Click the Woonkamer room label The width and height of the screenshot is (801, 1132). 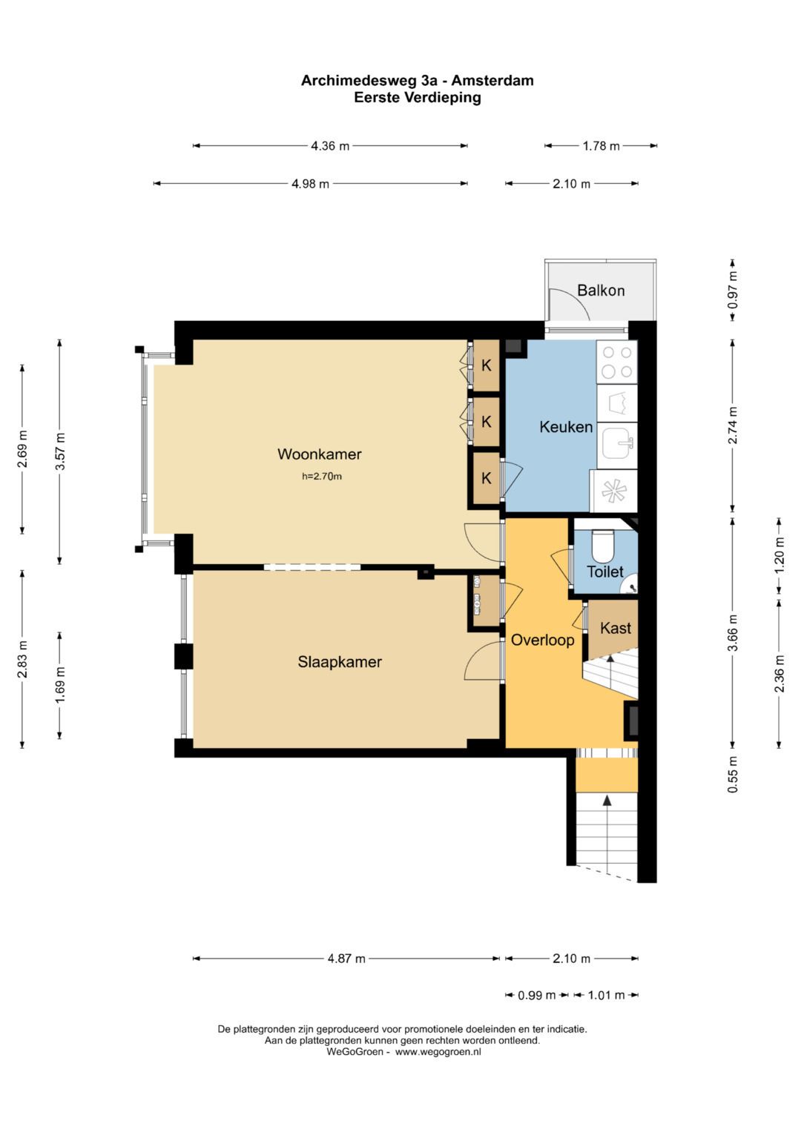point(319,454)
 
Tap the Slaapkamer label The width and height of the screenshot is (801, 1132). point(340,661)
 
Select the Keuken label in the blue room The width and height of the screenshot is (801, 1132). point(565,426)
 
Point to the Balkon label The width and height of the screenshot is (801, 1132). point(601,291)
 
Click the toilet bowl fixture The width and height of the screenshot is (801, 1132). point(602,545)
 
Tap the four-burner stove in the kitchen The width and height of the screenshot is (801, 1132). point(617,363)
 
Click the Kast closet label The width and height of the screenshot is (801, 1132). point(616,628)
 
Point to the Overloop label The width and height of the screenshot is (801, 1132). point(542,641)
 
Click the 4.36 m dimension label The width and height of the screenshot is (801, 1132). point(330,146)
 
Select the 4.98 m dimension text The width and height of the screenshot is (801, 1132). point(310,184)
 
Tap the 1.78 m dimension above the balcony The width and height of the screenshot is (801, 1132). point(601,146)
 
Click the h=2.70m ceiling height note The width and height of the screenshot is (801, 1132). point(322,476)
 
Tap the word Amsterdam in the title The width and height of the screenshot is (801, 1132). point(492,80)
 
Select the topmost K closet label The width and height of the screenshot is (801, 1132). point(486,365)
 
